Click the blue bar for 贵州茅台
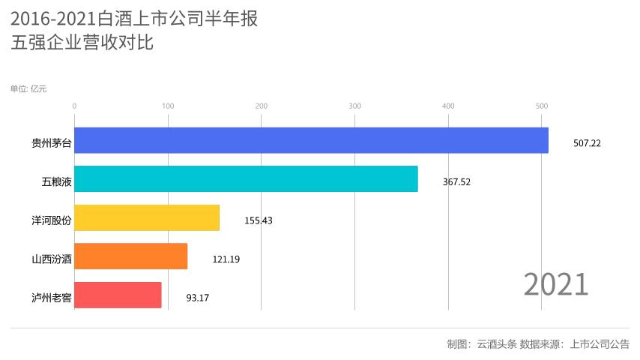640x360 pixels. (311, 140)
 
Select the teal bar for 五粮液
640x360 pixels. (246, 179)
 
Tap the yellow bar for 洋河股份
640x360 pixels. (147, 218)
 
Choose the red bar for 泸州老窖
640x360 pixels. (118, 295)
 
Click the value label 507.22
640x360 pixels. (586, 142)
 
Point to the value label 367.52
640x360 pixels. (456, 181)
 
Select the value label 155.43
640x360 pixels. (259, 220)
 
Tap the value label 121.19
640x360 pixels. (226, 259)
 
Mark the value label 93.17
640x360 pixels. (198, 298)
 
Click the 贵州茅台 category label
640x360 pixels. (51, 142)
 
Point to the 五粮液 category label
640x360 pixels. (56, 181)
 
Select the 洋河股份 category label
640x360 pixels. (51, 220)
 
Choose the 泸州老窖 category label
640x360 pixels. (51, 298)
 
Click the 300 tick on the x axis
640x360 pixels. (354, 106)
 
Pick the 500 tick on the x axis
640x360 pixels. (542, 106)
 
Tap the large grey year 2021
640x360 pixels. (555, 285)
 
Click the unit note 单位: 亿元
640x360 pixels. (28, 88)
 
